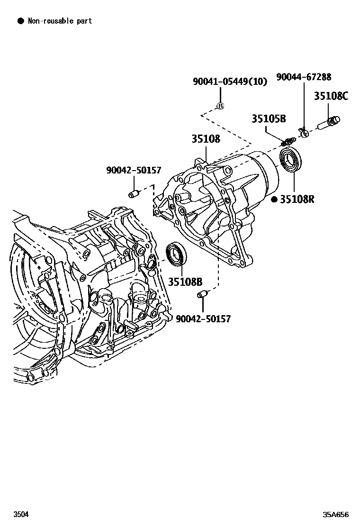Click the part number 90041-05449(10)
pos(230,82)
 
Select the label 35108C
pos(331,96)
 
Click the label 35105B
pos(269,119)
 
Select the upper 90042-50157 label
pos(134,170)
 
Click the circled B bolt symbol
pos(220,106)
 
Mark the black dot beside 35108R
pos(274,200)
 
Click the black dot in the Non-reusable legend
pos(20,21)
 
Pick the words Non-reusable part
pos(60,21)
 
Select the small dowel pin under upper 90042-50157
pos(133,193)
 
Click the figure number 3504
pos(21,514)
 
